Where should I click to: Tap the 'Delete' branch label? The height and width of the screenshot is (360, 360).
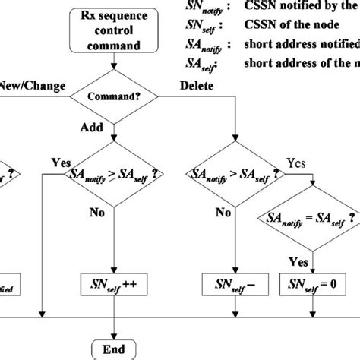point(197,87)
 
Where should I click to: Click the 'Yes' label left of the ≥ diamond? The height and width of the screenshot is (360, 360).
point(61,163)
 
